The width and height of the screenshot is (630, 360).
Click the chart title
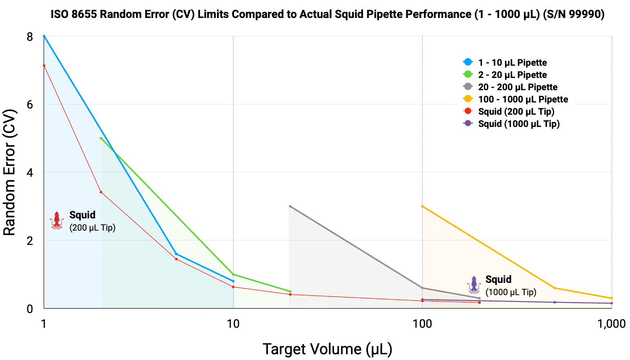point(327,14)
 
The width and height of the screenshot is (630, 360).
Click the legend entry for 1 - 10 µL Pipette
point(512,62)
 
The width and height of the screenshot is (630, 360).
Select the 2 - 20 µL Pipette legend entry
point(512,75)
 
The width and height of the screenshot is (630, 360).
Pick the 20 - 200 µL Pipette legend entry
point(517,87)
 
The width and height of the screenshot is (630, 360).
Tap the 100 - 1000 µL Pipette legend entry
point(523,99)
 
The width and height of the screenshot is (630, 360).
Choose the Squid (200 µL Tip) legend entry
point(516,111)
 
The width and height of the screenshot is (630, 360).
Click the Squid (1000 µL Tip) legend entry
point(519,124)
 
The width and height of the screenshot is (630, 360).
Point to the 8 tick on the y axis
point(29,37)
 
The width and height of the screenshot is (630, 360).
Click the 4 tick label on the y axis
point(29,173)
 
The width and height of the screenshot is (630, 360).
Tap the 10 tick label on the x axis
point(233,324)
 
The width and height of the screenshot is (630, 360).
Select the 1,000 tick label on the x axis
point(611,324)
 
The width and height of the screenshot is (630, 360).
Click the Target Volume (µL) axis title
point(327,349)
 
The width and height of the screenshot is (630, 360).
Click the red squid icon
point(57,220)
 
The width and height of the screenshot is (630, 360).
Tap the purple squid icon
point(474,285)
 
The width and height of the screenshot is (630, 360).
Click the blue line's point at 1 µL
point(44,36)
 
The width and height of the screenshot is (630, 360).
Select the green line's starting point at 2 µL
point(101,138)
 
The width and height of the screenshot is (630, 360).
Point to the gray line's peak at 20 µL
point(290,206)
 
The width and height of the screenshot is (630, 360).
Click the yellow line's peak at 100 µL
point(422,206)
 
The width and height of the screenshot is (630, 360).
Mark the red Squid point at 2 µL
point(101,192)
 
